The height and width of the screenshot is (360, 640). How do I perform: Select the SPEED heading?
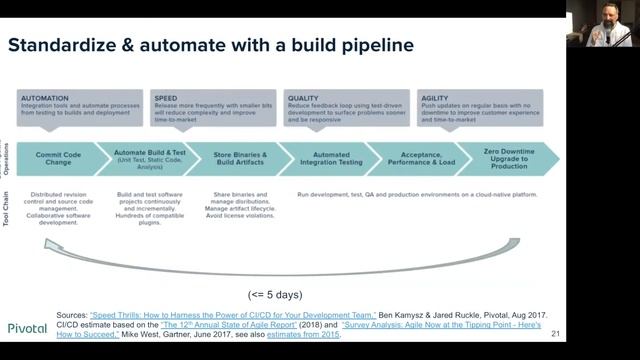click(165, 98)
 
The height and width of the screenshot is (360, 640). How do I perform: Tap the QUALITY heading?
click(303, 98)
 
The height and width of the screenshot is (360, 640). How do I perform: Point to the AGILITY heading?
click(436, 98)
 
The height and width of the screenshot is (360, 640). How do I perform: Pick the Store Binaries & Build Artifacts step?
click(239, 159)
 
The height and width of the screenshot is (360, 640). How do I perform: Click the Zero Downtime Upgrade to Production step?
click(507, 159)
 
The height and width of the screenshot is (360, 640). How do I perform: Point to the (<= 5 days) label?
click(276, 294)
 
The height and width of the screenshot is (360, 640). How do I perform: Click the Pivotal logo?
click(27, 327)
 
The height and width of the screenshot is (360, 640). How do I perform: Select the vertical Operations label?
click(7, 159)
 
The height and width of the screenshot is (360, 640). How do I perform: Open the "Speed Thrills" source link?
click(232, 314)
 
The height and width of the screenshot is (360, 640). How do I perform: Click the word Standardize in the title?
click(65, 45)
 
